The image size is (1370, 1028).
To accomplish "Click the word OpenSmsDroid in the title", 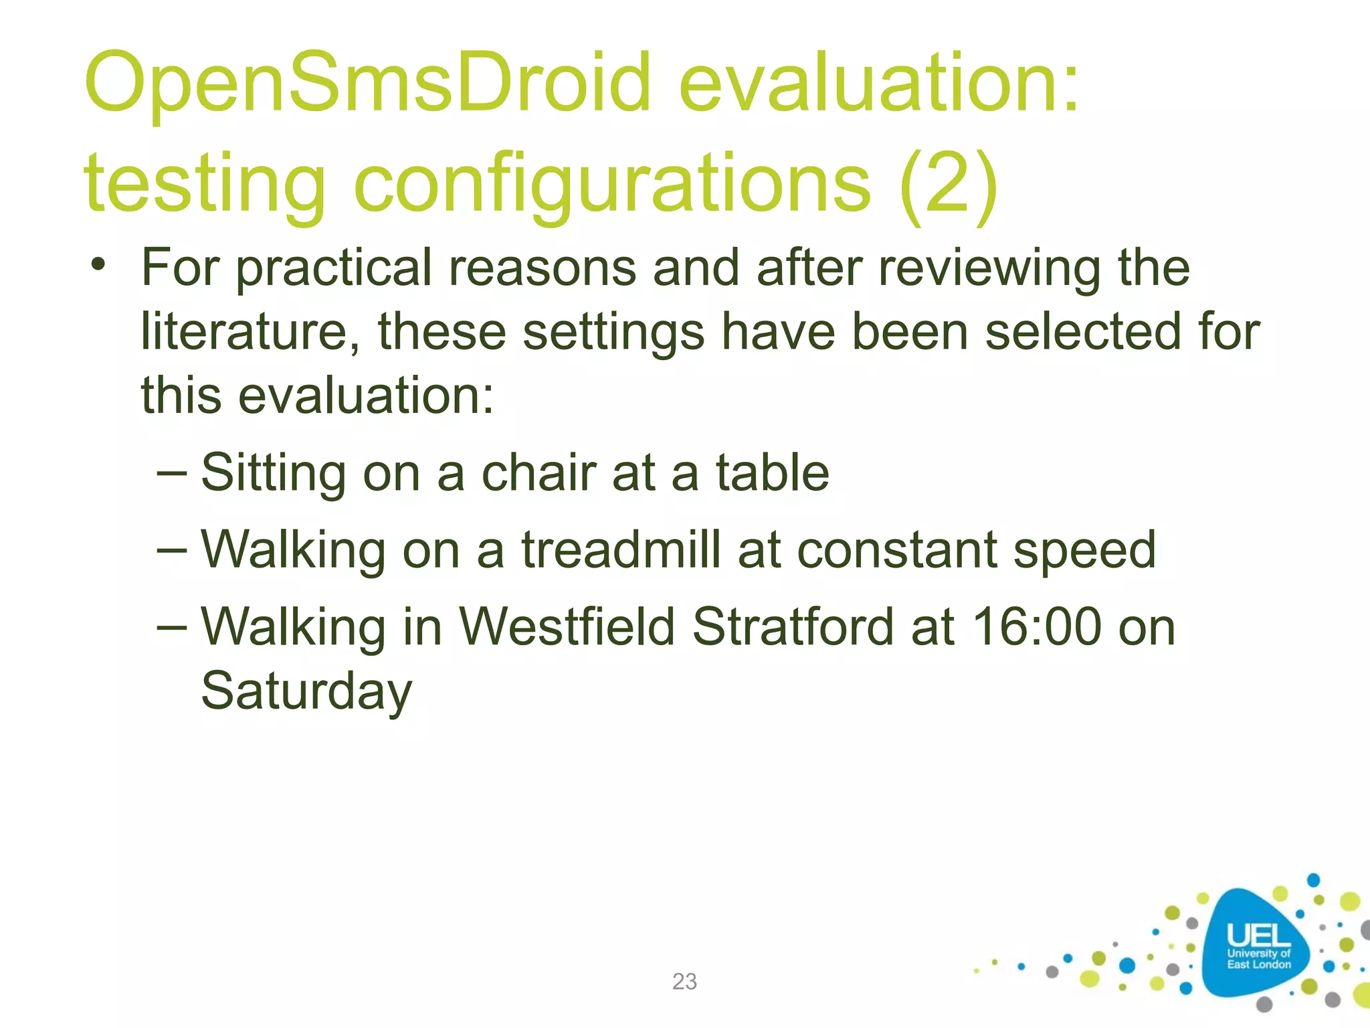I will point(367,84).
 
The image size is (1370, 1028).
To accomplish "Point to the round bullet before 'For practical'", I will point(99,264).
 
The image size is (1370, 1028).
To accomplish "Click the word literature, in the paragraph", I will point(251,333).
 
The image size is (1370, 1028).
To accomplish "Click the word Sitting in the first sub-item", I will point(273,474).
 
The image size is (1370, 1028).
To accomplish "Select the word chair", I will point(539,473).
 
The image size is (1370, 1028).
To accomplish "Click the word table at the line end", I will point(773,473).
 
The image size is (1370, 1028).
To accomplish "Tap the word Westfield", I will point(567,627).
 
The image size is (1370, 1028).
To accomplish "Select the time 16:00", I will point(1036,627).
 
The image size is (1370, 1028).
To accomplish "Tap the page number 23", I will point(684,981).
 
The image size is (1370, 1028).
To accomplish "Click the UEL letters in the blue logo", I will point(1258,935).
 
